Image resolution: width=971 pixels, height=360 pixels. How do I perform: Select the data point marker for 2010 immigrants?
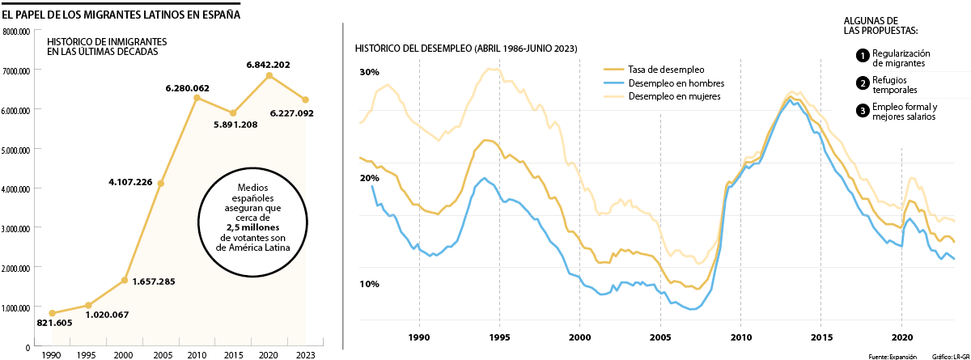pyautogui.click(x=197, y=98)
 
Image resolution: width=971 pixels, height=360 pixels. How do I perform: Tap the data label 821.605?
pyautogui.click(x=55, y=323)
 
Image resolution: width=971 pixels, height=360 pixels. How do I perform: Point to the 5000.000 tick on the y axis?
pyautogui.click(x=16, y=150)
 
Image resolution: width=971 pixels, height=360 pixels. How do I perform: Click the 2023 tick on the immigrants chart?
pyautogui.click(x=305, y=354)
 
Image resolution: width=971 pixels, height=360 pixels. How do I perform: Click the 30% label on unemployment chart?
pyautogui.click(x=369, y=73)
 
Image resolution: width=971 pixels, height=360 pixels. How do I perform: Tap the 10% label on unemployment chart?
pyautogui.click(x=369, y=285)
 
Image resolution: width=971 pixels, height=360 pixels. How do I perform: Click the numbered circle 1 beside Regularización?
pyautogui.click(x=863, y=56)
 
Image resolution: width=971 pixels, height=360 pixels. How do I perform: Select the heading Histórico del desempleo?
pyautogui.click(x=466, y=49)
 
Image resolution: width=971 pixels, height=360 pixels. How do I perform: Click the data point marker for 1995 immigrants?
pyautogui.click(x=89, y=306)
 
